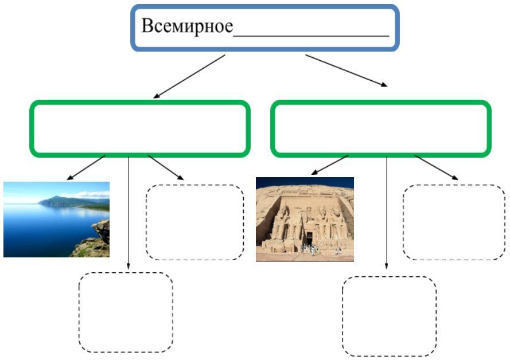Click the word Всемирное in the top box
187,27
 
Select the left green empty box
140,128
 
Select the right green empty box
381,128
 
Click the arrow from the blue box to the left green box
189,77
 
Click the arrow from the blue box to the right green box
346,71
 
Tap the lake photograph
56,220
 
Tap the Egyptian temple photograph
305,219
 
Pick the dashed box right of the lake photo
195,222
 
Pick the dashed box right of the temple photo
454,222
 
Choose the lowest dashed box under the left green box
126,312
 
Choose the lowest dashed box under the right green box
389,316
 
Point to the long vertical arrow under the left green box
129,212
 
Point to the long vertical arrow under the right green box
386,212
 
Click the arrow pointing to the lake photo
87,167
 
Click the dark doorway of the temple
309,237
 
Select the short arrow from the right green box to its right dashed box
437,167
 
